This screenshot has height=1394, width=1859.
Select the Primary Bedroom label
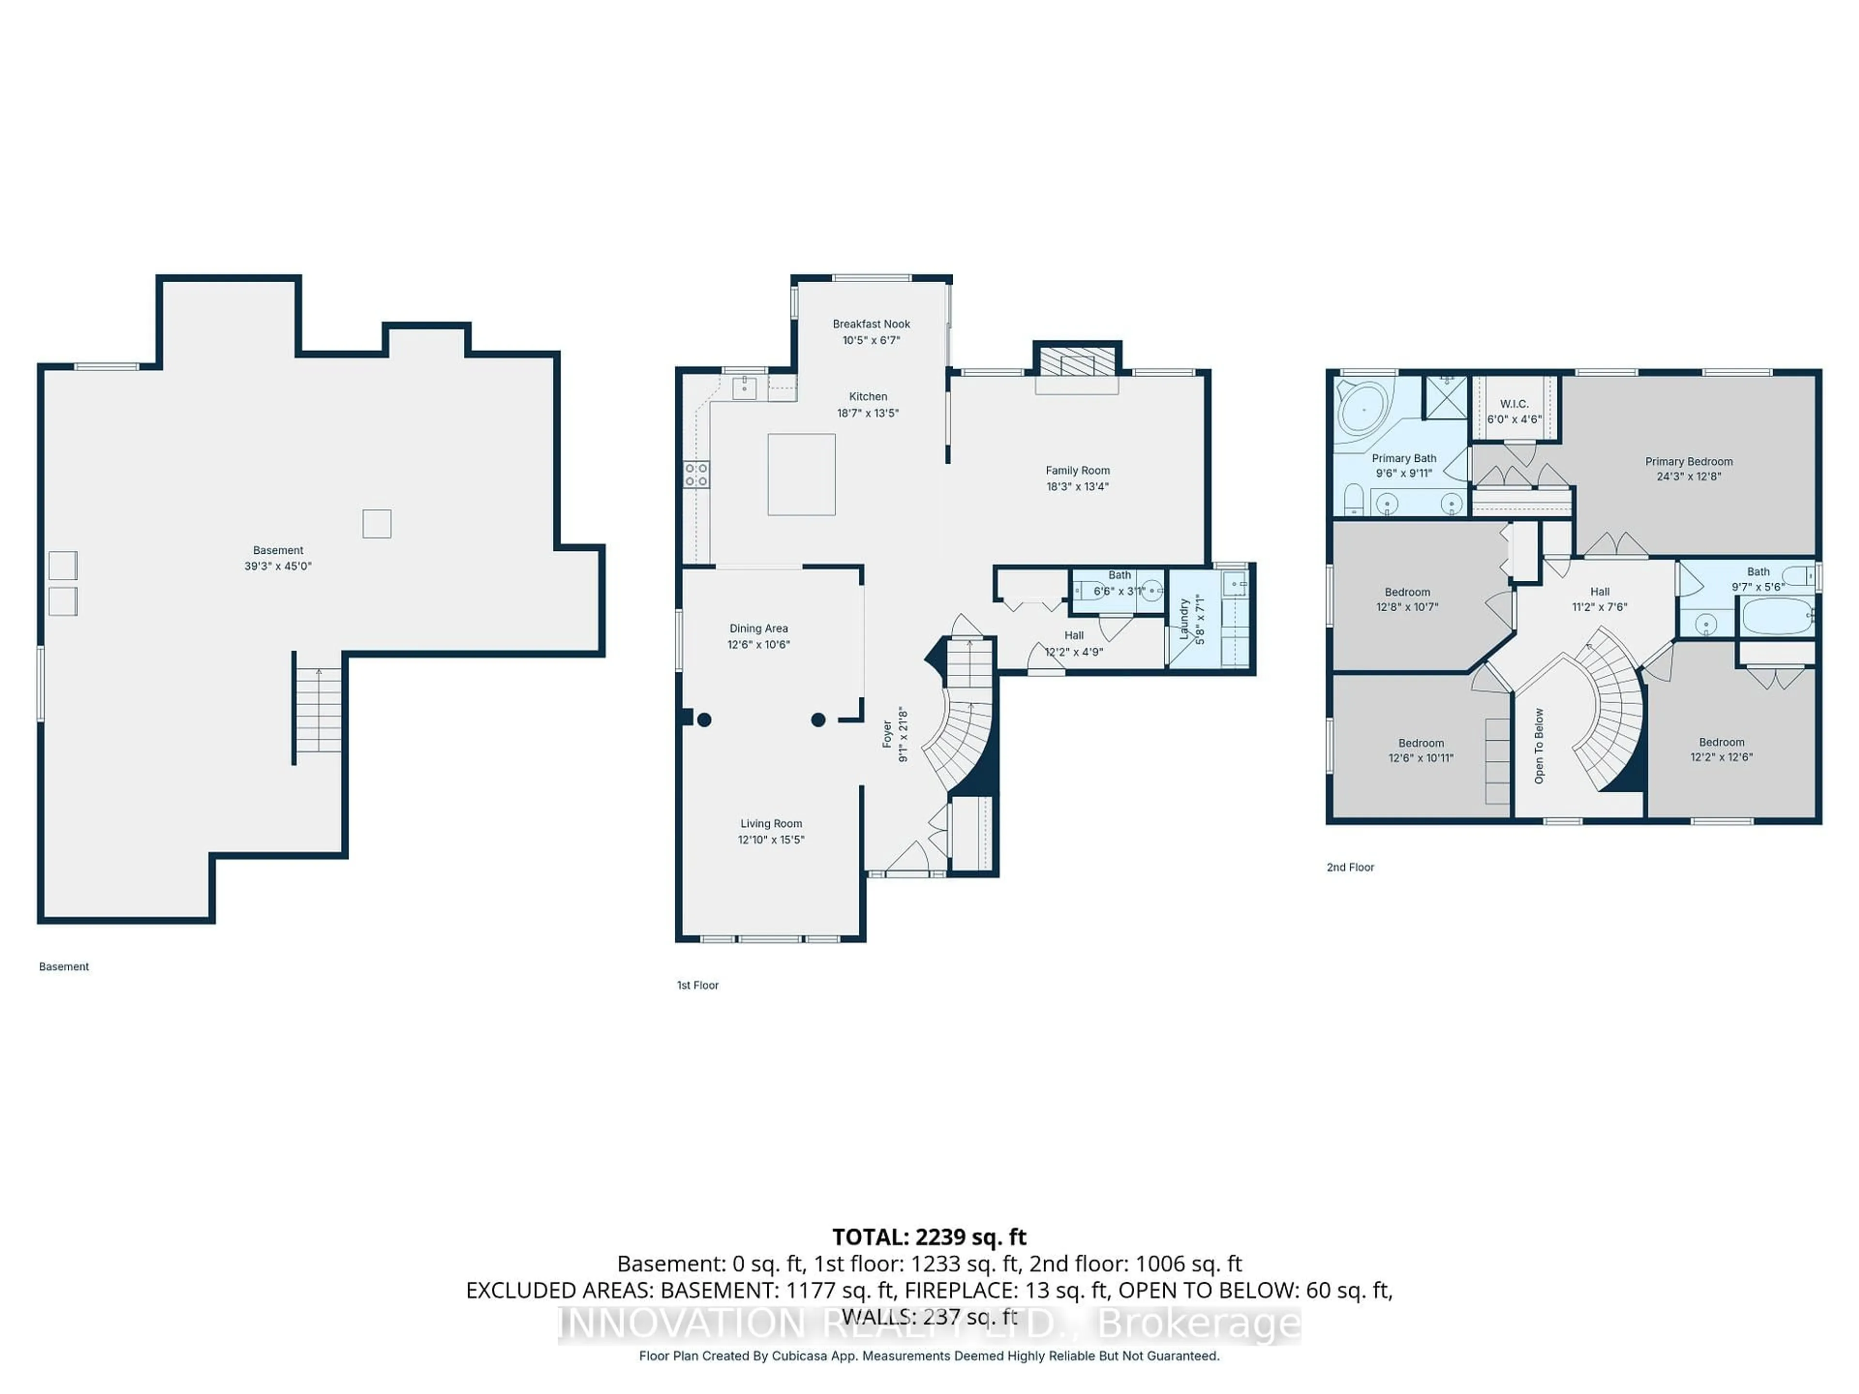[1689, 461]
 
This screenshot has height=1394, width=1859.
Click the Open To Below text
[1539, 746]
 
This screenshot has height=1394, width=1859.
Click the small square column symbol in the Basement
[377, 524]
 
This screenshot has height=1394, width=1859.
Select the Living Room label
[771, 823]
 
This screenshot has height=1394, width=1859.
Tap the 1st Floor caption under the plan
[698, 985]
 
